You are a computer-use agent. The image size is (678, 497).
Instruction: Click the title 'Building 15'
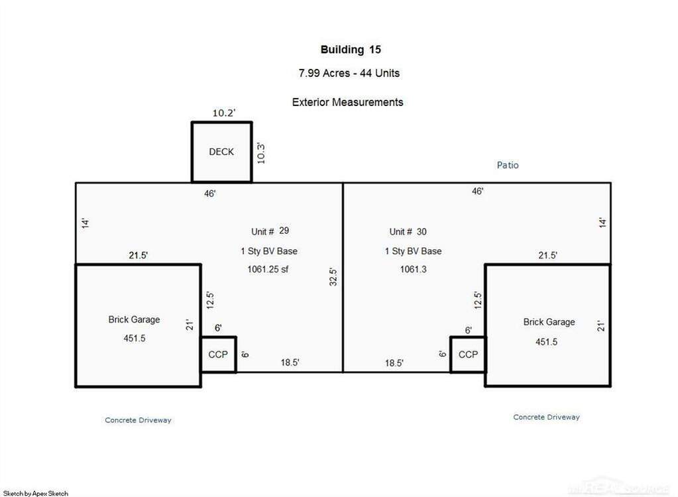click(x=351, y=50)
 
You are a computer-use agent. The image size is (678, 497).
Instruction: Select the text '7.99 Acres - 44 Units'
click(x=349, y=73)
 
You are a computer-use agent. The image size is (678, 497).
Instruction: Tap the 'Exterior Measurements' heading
click(x=347, y=102)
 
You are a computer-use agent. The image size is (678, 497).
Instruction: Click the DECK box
click(x=221, y=152)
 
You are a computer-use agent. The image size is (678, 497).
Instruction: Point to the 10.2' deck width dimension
click(x=223, y=113)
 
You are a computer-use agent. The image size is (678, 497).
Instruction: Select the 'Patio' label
click(x=508, y=165)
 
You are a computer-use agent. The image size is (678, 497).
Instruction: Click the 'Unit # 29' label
click(x=270, y=231)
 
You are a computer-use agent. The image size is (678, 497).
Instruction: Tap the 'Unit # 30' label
click(x=408, y=231)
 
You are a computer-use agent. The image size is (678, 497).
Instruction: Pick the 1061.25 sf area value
click(x=268, y=269)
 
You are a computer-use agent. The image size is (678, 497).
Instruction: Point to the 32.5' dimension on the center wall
click(x=334, y=276)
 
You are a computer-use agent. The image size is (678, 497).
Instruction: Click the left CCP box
click(x=218, y=355)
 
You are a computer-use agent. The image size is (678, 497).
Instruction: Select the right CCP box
click(x=468, y=355)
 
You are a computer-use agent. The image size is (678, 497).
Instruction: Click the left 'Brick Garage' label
click(x=134, y=319)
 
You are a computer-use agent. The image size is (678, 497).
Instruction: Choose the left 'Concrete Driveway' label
click(x=138, y=420)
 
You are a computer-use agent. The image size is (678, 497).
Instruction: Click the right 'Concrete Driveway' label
click(x=546, y=417)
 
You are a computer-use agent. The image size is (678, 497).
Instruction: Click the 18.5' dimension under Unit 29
click(x=289, y=362)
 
